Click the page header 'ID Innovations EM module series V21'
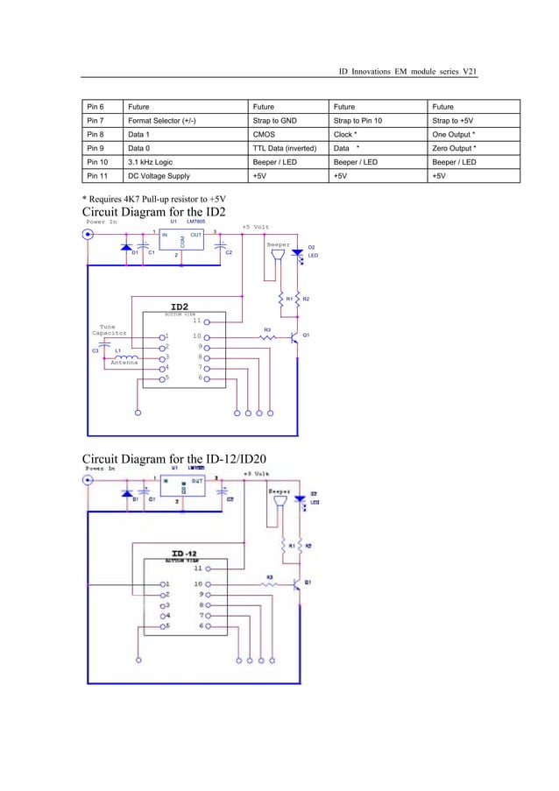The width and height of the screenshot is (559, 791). (407, 71)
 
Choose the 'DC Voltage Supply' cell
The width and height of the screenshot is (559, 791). (159, 176)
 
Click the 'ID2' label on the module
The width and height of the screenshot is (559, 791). (180, 306)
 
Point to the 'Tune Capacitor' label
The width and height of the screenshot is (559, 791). (110, 329)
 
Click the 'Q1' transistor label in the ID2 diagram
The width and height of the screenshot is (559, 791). (306, 335)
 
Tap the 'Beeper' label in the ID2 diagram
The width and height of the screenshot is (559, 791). (278, 244)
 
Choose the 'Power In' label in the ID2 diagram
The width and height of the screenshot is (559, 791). (102, 222)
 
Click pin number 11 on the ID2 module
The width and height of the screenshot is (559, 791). (197, 321)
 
